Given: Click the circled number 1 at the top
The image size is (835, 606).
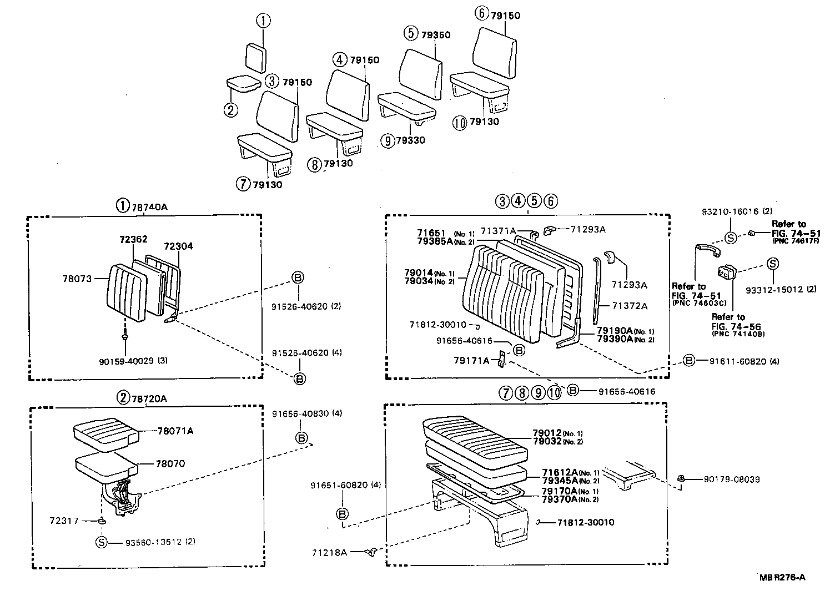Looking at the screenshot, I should click(x=263, y=21).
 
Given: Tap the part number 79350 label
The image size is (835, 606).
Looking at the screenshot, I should click(x=436, y=34).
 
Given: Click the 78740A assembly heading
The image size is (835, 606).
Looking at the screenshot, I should click(x=149, y=207).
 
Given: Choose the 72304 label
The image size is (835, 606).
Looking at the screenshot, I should click(x=179, y=246).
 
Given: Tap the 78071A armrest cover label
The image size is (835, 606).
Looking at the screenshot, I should click(x=175, y=431).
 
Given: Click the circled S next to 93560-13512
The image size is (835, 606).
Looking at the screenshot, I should click(x=101, y=542).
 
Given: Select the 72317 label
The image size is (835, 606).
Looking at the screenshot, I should click(x=63, y=521).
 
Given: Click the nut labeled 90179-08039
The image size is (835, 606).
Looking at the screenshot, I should click(x=681, y=478).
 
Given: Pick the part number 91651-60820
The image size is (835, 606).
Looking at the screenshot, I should click(x=339, y=485).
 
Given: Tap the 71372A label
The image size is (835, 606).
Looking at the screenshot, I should click(x=630, y=306).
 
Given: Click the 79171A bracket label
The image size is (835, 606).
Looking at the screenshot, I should click(x=471, y=361).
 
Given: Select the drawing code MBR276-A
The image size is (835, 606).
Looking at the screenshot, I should click(x=782, y=577).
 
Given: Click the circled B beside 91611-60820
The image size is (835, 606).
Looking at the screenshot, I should click(x=688, y=361).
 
